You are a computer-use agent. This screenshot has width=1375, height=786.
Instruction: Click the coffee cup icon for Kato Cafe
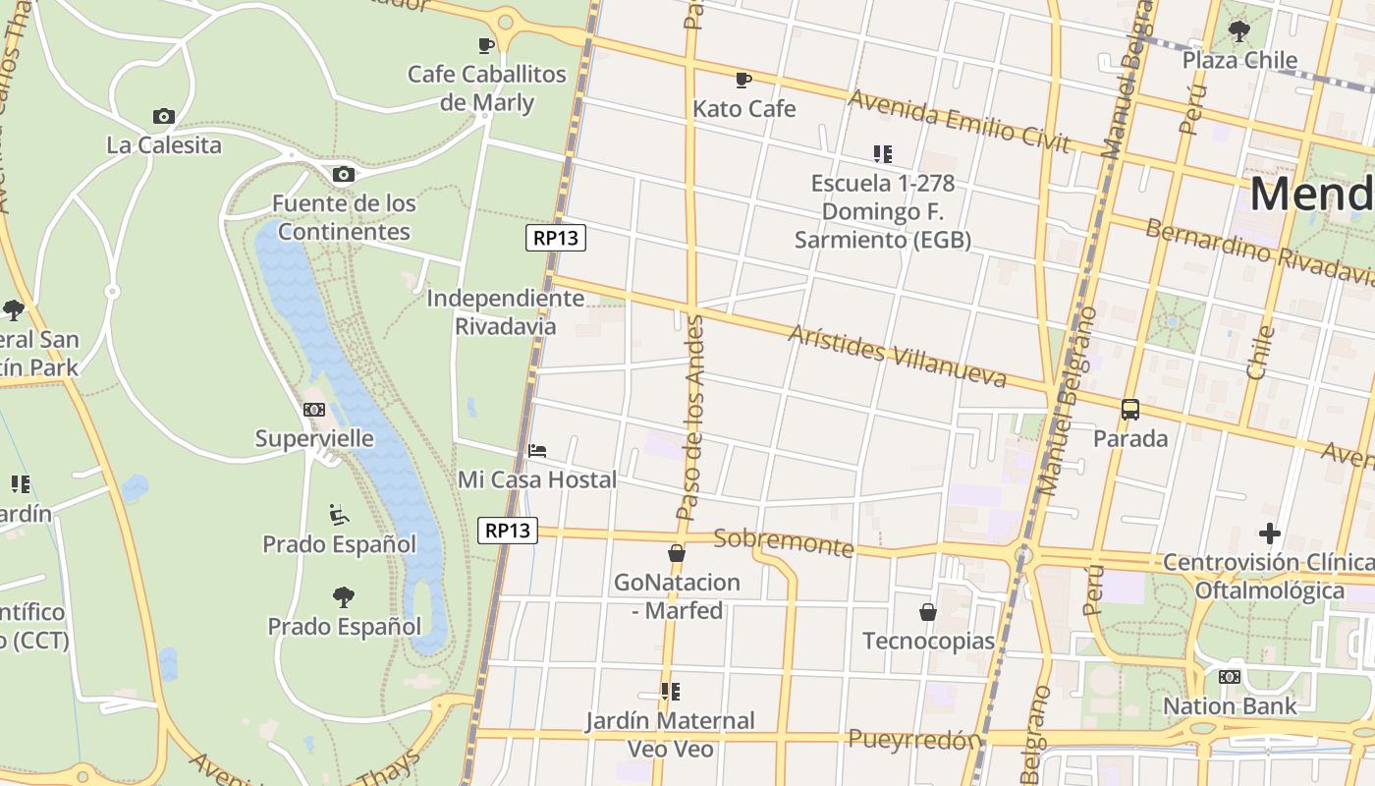[x=743, y=80]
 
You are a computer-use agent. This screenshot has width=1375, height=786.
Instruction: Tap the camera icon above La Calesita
[x=164, y=116]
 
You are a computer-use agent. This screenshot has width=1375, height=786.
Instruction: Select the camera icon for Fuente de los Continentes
[x=343, y=174]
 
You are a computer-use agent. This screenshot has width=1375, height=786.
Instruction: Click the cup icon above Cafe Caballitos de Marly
[x=485, y=44]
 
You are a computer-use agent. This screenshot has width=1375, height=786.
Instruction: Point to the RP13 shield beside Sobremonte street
[x=508, y=531]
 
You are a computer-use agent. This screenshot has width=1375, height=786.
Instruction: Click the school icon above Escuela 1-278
[x=882, y=154]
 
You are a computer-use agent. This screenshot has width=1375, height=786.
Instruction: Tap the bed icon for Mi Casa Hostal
[x=537, y=451]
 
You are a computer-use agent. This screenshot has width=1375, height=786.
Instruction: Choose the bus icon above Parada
[x=1130, y=409]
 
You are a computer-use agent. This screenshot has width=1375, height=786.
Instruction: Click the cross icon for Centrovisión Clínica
[x=1269, y=533]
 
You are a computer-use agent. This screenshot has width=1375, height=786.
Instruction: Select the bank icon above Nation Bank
[x=1229, y=677]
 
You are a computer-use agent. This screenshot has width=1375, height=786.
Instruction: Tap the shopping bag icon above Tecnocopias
[x=927, y=612]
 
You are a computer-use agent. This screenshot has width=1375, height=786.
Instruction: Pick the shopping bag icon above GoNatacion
[x=676, y=553]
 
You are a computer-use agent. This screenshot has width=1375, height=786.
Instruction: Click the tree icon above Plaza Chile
[x=1239, y=30]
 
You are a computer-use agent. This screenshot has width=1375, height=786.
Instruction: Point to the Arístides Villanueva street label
[x=897, y=356]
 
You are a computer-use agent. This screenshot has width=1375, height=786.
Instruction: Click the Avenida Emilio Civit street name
[x=959, y=121]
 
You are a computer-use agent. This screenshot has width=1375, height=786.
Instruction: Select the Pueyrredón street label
[x=914, y=739]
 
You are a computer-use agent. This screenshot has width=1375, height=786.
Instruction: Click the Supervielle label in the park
[x=314, y=438]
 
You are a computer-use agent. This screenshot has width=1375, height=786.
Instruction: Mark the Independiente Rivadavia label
[x=505, y=311]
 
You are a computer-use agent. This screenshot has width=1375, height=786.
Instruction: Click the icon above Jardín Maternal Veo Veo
[x=670, y=692]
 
